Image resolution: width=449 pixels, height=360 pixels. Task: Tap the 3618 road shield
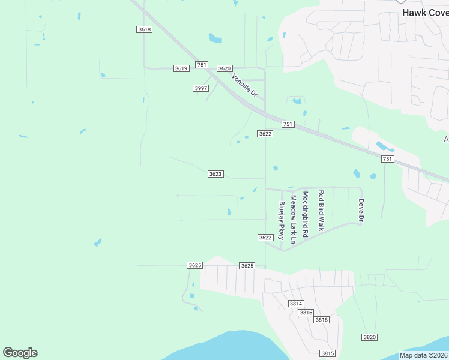144,29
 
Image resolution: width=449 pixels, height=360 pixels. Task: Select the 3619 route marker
181,68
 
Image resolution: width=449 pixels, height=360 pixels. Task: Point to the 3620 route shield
224,68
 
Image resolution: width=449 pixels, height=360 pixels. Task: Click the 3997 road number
201,88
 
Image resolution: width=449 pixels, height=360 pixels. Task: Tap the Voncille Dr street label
244,85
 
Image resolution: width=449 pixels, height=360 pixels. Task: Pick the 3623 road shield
216,174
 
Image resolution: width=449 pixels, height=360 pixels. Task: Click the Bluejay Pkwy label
282,221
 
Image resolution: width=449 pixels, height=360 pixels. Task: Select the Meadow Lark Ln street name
294,219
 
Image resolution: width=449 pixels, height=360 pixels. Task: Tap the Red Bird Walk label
321,211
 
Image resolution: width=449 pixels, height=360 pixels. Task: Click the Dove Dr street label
361,211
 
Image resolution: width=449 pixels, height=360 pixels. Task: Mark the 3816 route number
306,313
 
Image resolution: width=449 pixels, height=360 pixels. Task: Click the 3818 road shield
322,320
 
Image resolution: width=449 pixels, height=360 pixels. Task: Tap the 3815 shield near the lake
327,353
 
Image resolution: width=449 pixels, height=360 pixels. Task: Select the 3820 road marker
370,337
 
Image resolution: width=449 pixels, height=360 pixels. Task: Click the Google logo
20,353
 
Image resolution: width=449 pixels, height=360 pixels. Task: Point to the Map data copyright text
424,355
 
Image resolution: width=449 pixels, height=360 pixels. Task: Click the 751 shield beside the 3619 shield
202,65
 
